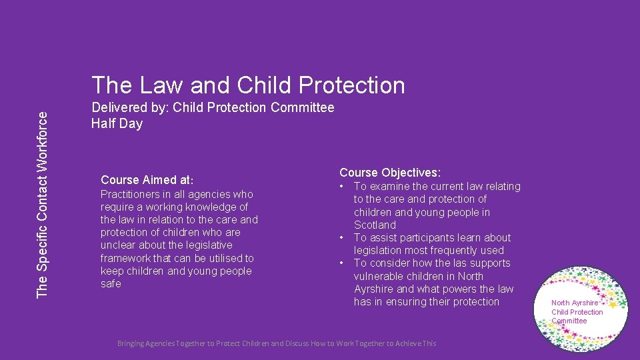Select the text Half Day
[x=117, y=123]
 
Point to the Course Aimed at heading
[x=147, y=180]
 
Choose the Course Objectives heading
[x=390, y=173]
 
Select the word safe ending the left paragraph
[x=111, y=284]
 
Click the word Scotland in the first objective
[x=375, y=225]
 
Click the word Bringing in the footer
[x=135, y=343]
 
